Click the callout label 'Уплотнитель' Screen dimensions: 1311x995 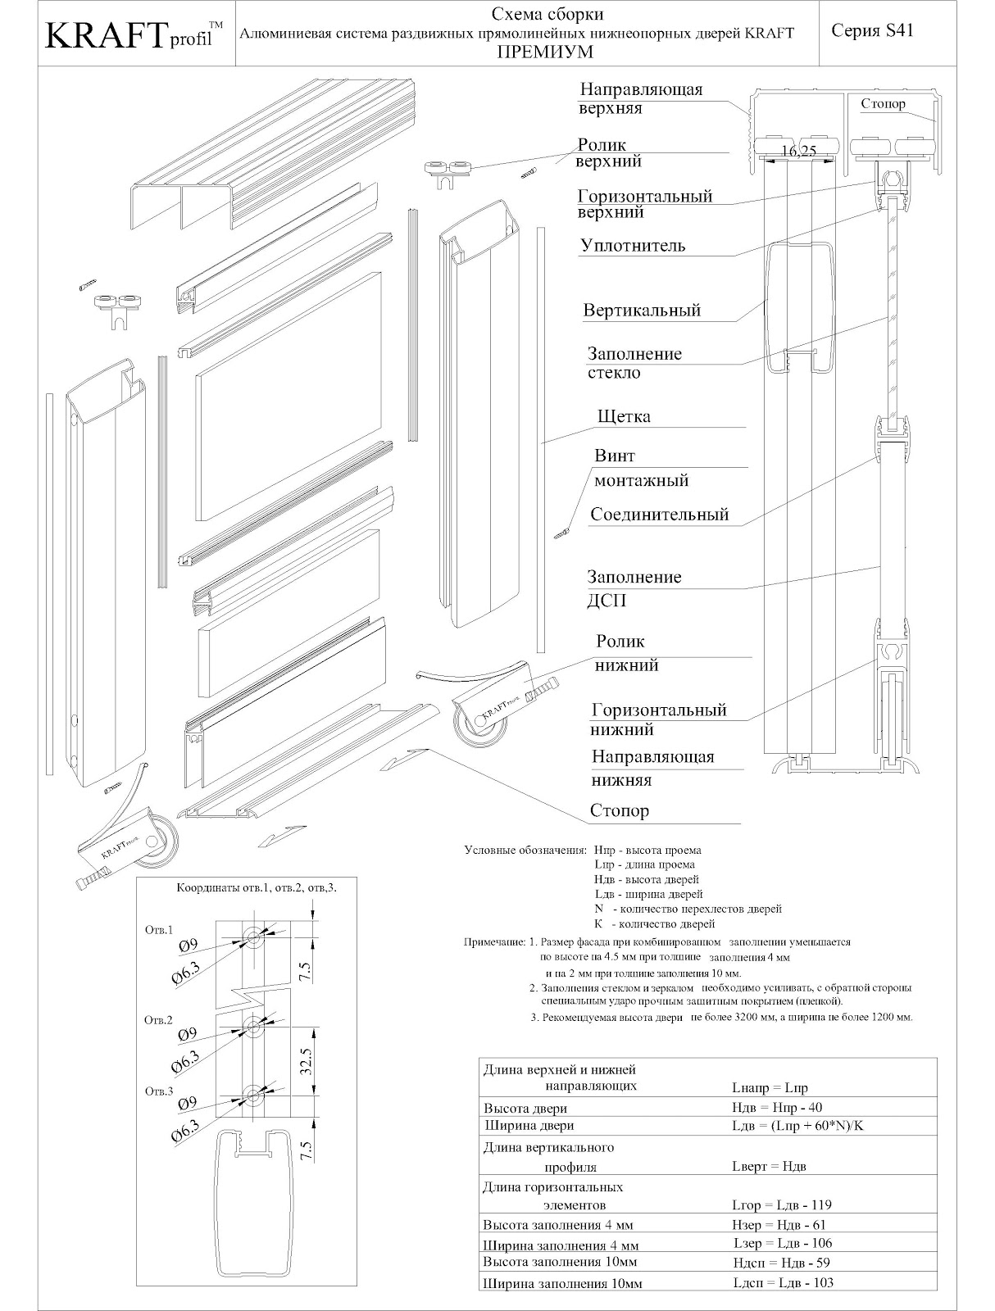point(633,246)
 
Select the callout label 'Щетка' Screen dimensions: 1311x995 point(625,416)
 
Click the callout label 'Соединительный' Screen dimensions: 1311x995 point(660,515)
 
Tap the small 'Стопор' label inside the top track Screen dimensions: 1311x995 point(883,104)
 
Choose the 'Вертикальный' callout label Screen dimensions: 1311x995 point(642,311)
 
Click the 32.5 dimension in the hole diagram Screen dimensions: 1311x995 point(306,1060)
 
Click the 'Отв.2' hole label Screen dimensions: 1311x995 point(158,1020)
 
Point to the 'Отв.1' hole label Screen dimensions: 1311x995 point(158,930)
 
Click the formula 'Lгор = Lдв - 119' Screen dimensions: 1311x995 point(781,1205)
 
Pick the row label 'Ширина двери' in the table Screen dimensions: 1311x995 point(528,1125)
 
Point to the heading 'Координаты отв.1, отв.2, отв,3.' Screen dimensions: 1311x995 point(257,887)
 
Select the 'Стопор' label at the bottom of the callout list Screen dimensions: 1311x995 point(619,811)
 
